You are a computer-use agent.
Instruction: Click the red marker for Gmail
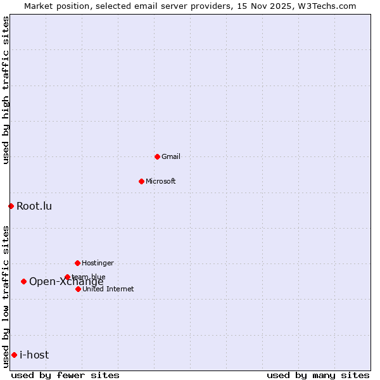157,156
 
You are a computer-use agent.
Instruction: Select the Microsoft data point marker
141,181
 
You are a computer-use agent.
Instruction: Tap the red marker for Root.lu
11,206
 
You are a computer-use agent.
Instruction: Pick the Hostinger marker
77,263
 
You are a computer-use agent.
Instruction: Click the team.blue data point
67,277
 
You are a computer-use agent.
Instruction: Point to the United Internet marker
78,289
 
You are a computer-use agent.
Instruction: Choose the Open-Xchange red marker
23,281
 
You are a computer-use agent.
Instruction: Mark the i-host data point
14,355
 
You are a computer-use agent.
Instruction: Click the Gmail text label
171,156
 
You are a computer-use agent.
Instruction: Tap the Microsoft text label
161,181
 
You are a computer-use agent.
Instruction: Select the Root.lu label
34,206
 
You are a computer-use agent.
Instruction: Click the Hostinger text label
98,263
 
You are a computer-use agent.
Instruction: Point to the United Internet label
108,289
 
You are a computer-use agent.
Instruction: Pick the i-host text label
34,355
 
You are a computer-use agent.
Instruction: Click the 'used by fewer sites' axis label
65,375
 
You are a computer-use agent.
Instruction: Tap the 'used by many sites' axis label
318,375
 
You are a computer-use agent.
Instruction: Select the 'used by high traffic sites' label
6,90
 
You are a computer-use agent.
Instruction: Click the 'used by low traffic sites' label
6,296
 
